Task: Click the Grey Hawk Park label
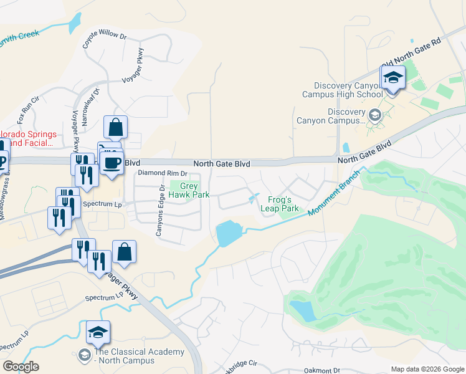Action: (193, 190)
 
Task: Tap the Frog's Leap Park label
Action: (280, 204)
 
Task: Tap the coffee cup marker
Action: (112, 164)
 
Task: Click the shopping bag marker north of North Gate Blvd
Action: (115, 129)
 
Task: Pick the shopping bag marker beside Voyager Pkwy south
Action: (124, 253)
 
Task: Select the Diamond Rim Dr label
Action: (163, 173)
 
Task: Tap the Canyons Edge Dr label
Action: (162, 211)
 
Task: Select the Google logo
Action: (21, 366)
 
